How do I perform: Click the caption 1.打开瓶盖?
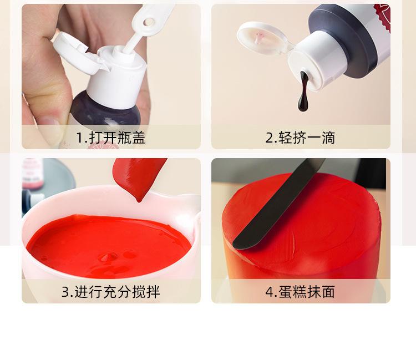click(110, 138)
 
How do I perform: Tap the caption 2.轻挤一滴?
click(300, 138)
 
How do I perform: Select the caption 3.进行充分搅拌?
click(110, 292)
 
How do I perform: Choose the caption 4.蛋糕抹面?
click(300, 292)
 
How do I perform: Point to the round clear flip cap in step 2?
click(263, 39)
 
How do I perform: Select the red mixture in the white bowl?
click(109, 245)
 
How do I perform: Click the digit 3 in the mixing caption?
click(65, 292)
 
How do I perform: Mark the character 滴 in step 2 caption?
click(328, 138)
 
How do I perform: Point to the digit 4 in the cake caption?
click(270, 292)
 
